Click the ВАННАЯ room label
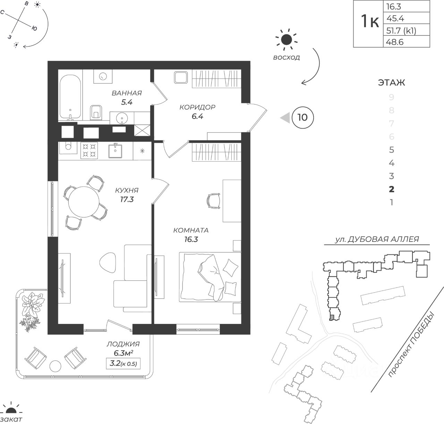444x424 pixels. [127, 93]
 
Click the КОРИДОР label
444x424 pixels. [197, 107]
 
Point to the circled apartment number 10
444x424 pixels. [302, 117]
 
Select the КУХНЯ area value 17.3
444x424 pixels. [127, 199]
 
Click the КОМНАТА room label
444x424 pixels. [191, 230]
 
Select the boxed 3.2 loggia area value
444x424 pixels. [123, 364]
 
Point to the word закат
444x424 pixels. [12, 419]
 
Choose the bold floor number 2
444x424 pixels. [392, 189]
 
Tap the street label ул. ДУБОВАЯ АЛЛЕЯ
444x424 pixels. [377, 239]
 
